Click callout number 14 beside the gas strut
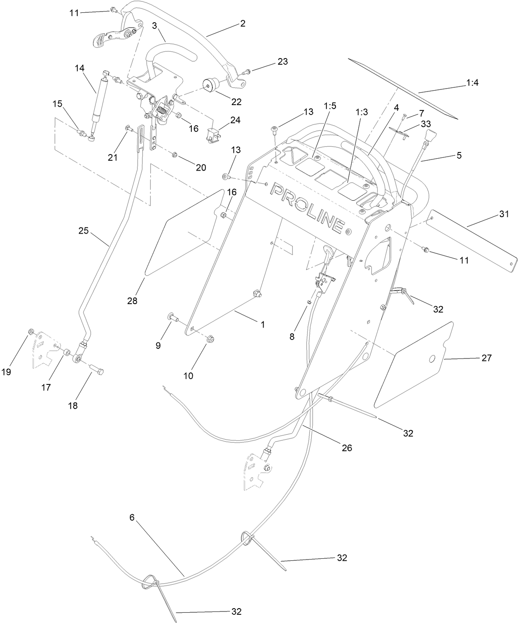click(x=79, y=68)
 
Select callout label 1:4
click(x=472, y=83)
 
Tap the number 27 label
click(x=486, y=358)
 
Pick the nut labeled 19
click(x=30, y=332)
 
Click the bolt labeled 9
click(x=172, y=317)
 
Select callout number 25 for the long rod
click(x=84, y=231)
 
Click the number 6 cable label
click(x=132, y=517)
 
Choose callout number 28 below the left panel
click(x=132, y=301)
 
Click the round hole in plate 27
click(x=432, y=360)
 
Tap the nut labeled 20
click(x=174, y=155)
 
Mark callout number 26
click(x=347, y=447)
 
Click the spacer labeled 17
click(x=65, y=354)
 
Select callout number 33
click(x=426, y=124)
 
